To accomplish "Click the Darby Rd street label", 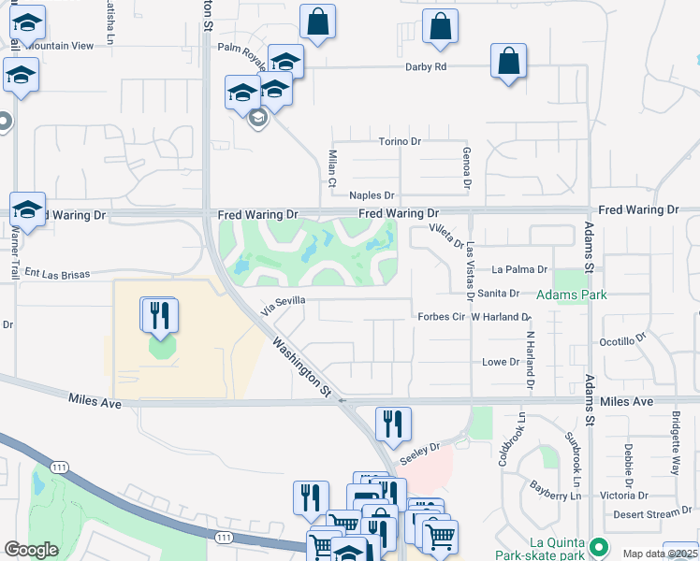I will [x=426, y=67].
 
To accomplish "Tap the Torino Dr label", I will [x=401, y=141].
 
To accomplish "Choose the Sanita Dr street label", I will [x=498, y=294].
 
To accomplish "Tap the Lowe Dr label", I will [x=500, y=362].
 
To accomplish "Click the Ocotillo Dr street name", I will [x=623, y=341].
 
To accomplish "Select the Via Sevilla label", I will [x=284, y=306].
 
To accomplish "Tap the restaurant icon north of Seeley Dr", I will [x=393, y=424].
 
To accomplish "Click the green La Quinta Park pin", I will [x=598, y=544].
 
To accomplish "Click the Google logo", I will [x=31, y=550].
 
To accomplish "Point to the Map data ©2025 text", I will [x=661, y=554].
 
